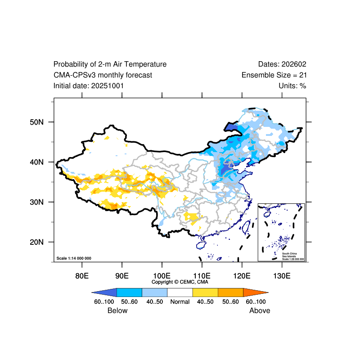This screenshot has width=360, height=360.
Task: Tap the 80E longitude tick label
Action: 81,275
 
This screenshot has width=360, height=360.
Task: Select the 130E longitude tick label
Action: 282,275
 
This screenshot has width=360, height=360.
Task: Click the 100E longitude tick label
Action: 162,275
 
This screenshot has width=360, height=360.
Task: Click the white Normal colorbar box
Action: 180,292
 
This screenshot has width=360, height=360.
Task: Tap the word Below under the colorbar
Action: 117,310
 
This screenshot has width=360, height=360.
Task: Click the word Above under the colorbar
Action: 260,310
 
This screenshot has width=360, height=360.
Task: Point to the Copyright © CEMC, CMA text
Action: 180,282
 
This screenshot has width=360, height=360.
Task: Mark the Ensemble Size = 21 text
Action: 274,75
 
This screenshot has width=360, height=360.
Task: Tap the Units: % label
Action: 292,85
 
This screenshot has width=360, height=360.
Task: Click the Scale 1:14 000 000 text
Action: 74,258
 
